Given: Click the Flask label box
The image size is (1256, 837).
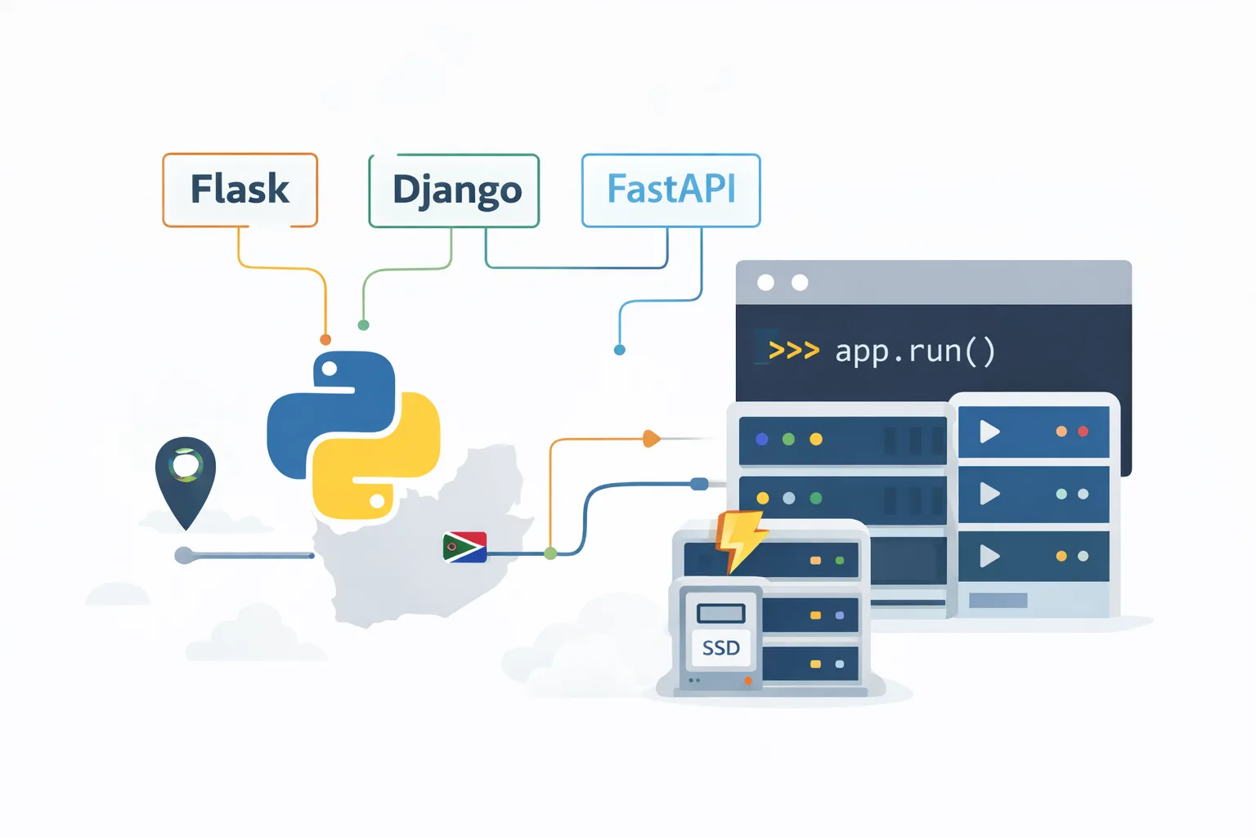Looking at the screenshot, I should point(240,190).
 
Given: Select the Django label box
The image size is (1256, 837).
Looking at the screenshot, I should point(455,190).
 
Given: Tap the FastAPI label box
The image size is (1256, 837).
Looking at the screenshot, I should point(671,190).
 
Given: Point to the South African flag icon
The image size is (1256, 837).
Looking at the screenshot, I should point(464,547).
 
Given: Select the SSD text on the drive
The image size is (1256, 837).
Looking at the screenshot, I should point(720,648).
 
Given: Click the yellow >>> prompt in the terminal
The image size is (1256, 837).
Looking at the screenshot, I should point(793,351).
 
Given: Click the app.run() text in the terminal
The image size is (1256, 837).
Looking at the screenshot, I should point(915,351).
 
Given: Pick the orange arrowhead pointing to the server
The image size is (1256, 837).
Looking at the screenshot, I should point(651,439).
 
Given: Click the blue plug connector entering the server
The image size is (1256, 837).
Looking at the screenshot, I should point(700,484).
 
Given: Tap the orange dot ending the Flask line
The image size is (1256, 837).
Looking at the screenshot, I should point(325,339).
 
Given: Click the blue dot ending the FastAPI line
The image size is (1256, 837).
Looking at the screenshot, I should point(619,350).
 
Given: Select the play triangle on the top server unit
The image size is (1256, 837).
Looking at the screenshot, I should point(989,431).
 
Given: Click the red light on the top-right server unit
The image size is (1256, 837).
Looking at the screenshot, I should point(1083,431).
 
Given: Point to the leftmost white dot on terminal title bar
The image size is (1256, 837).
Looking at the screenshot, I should point(765,282).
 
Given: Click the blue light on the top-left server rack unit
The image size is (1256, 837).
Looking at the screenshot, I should point(762,439).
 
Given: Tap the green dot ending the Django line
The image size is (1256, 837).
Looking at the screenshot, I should point(364,325).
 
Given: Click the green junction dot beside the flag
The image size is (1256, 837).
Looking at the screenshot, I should point(550,553).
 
